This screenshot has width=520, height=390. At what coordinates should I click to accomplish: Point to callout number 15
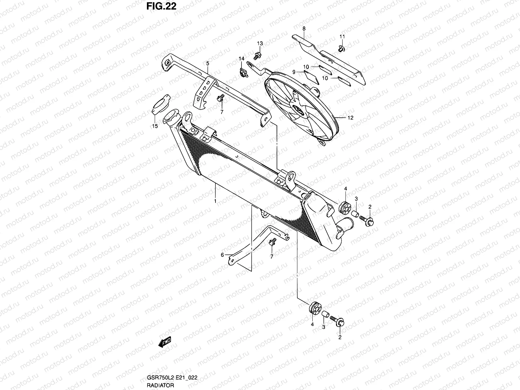click(155, 126)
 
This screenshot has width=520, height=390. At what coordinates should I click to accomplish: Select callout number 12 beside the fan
click(350, 118)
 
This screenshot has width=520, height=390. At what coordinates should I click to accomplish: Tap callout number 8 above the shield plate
click(304, 29)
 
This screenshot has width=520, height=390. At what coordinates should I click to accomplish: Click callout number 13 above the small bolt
click(260, 44)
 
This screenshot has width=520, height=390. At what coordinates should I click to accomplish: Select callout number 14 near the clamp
click(241, 59)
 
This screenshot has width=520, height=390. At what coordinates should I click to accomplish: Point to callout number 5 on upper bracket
click(207, 64)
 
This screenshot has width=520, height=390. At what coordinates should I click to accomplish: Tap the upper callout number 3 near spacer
click(356, 199)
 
